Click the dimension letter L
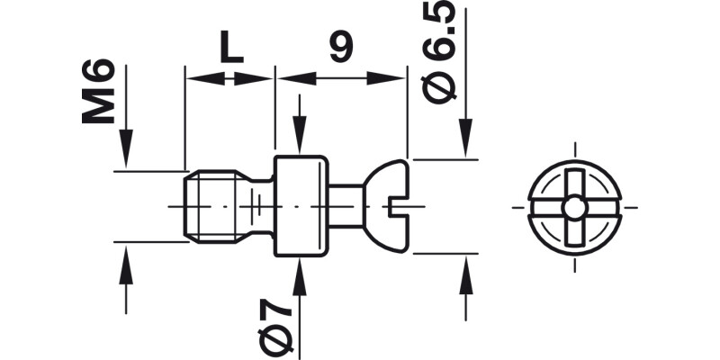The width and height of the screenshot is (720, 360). (x=231, y=47)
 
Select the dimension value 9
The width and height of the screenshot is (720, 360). (x=339, y=47)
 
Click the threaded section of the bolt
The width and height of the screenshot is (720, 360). (x=212, y=206)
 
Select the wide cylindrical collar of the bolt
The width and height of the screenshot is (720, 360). (x=301, y=206)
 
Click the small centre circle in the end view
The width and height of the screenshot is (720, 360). (x=573, y=207)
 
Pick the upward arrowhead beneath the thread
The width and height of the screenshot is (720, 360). (x=126, y=261)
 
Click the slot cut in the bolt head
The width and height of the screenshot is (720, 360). (x=400, y=208)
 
